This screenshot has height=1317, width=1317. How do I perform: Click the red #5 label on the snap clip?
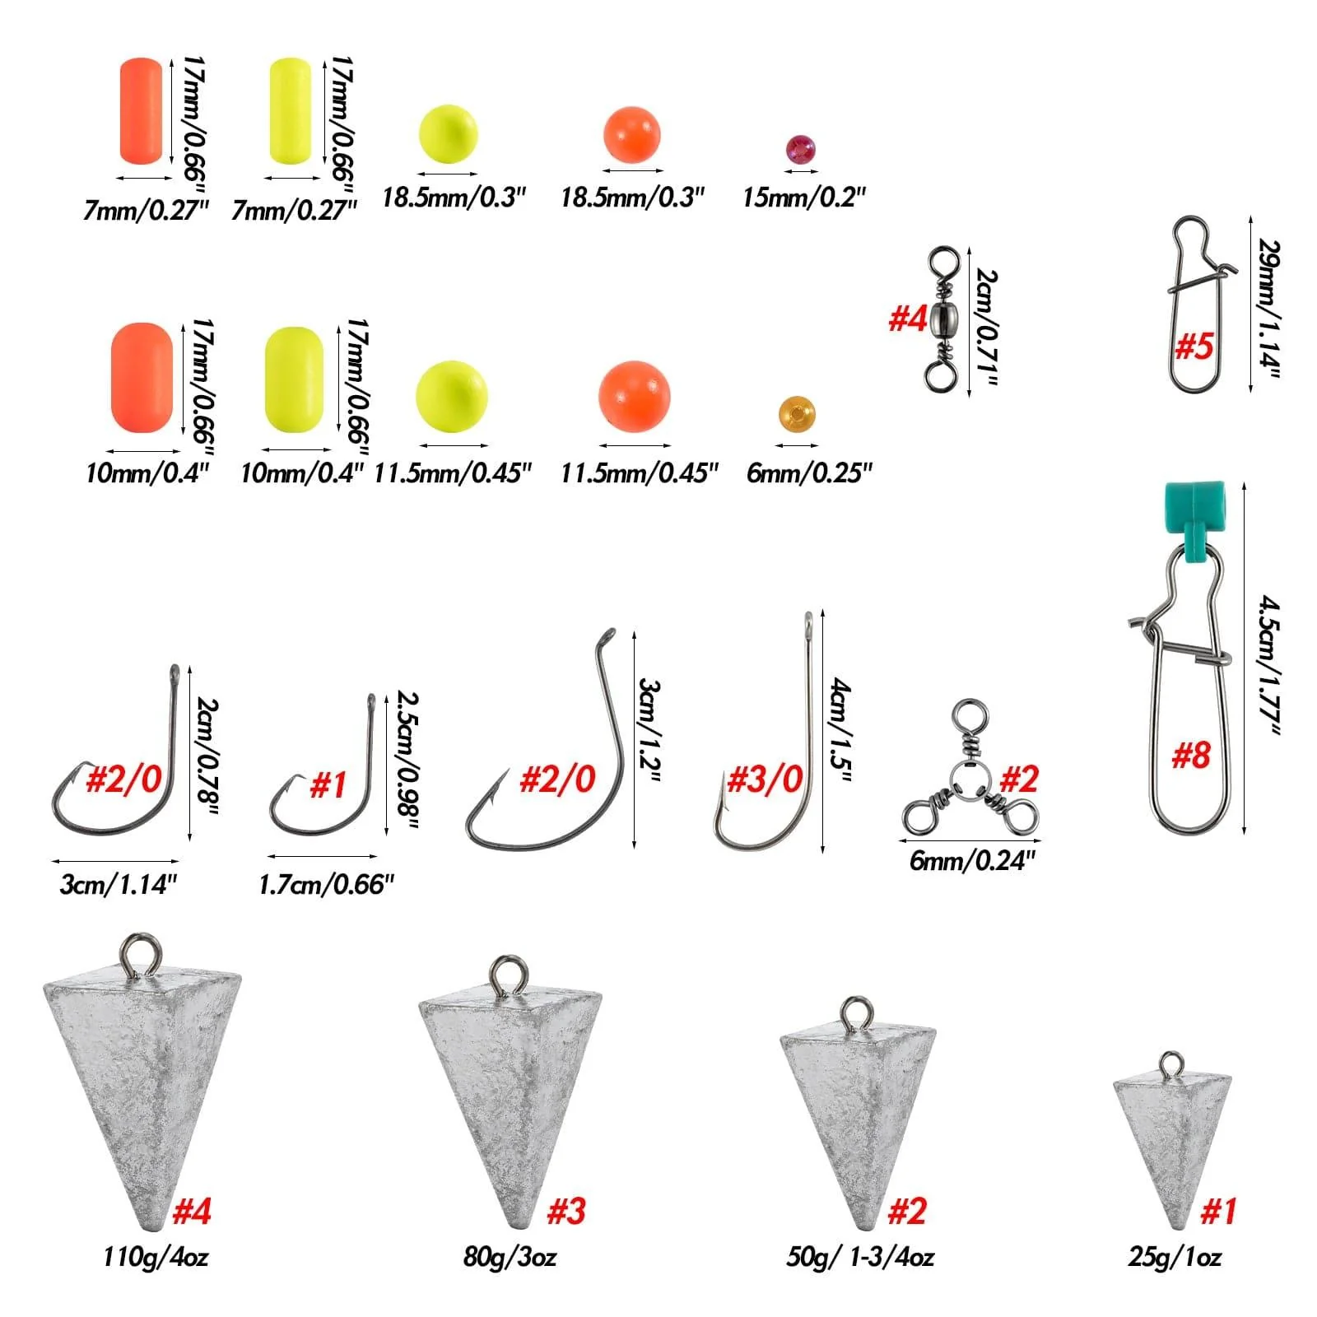coord(1194,346)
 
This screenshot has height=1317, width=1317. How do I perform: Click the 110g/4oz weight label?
coord(156,1257)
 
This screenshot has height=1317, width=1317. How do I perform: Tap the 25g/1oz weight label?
coord(1175,1257)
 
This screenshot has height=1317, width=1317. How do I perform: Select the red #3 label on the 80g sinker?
coord(566,1211)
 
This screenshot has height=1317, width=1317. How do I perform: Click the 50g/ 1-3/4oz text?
coord(860,1257)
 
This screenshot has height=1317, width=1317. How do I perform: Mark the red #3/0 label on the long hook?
coord(765,779)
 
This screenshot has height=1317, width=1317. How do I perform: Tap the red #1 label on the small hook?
coord(328,785)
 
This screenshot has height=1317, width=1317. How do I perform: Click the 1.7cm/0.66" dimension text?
coord(326,885)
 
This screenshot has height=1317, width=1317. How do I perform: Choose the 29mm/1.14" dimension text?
coord(1269,309)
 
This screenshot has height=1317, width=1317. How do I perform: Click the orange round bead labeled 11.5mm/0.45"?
coord(634,395)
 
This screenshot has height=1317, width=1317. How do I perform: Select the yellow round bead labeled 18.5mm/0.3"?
coord(448,134)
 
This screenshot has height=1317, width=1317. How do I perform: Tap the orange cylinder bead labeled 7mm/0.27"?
coord(141,110)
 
